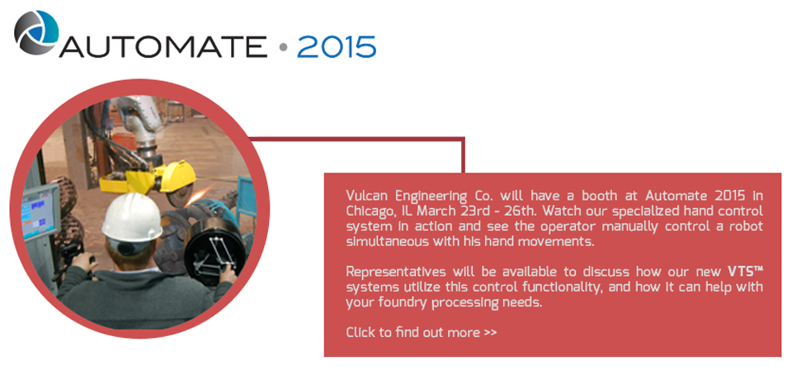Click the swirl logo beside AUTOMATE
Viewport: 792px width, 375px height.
point(35,32)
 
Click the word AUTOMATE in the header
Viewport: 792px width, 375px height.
point(163,47)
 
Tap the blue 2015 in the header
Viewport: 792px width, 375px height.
point(337,47)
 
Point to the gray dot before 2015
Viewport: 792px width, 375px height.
point(283,48)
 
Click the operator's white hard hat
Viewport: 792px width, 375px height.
point(131,217)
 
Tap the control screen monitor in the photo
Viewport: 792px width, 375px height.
point(40,211)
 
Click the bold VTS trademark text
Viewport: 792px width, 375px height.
point(745,272)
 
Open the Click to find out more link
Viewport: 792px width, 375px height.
point(422,333)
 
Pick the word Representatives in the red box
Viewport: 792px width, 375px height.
point(396,272)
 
